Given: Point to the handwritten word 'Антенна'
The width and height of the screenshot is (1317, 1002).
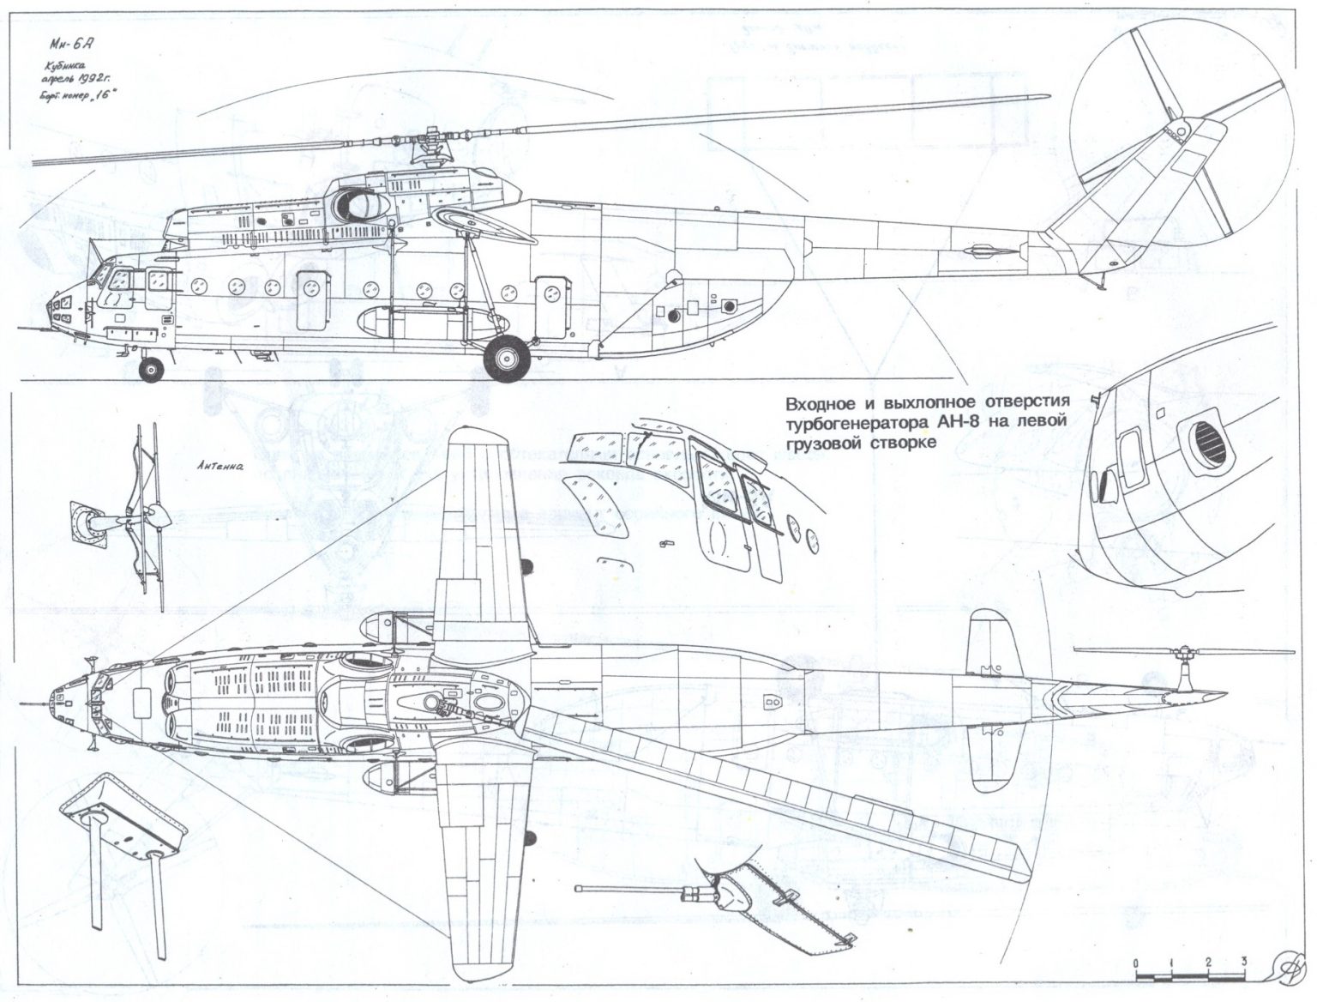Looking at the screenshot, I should (219, 468).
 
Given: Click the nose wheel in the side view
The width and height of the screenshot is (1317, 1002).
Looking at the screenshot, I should (152, 370).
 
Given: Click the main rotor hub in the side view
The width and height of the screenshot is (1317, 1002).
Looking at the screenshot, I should (426, 147).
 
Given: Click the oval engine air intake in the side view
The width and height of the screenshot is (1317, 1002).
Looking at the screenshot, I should (361, 203).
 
